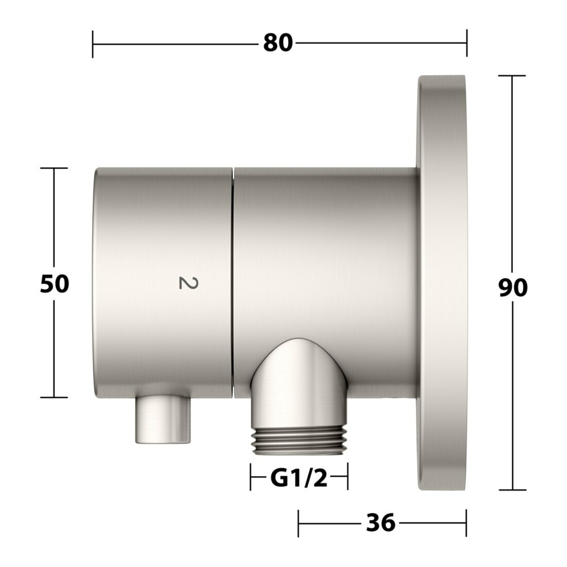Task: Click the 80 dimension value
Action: click(278, 43)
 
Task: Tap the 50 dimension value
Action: click(54, 283)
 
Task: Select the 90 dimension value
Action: click(513, 288)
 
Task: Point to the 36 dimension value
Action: click(381, 523)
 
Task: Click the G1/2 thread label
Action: click(298, 478)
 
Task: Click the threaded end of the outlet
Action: click(299, 440)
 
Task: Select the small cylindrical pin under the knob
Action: click(163, 420)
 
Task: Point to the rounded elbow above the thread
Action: click(299, 381)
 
